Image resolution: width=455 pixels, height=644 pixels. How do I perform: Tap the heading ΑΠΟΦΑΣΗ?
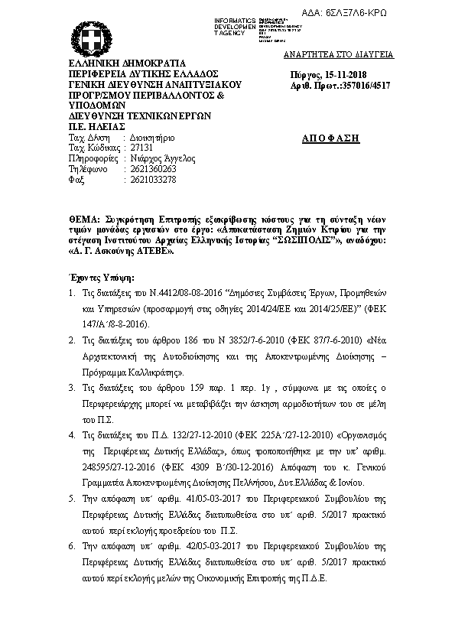331,138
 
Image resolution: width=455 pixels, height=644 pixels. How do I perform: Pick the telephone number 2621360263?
154,169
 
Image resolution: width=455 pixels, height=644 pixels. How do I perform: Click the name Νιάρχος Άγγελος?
163,158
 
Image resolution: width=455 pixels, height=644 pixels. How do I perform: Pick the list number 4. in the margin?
71,434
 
